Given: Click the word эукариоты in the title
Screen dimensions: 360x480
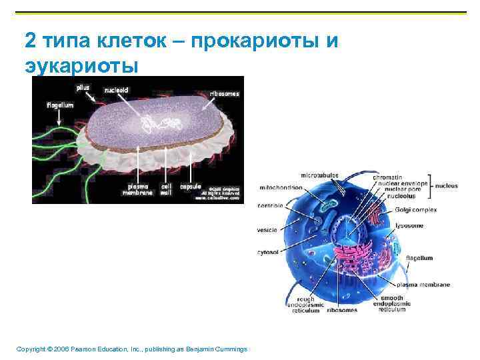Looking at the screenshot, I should click(x=81, y=66).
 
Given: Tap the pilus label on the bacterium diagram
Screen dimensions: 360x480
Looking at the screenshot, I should click(x=83, y=87).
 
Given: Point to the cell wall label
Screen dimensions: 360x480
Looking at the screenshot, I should click(x=167, y=189).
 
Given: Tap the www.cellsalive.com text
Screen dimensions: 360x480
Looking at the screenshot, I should click(x=217, y=198).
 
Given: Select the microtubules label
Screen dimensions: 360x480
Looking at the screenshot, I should click(x=319, y=175).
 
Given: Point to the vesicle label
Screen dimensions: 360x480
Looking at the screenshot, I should click(x=267, y=230).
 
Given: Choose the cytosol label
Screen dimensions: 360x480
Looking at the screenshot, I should click(x=267, y=252).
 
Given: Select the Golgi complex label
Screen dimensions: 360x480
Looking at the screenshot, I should click(x=415, y=209).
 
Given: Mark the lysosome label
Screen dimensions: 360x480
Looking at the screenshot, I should click(x=409, y=225).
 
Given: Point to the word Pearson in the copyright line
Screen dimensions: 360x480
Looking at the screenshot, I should click(x=79, y=349).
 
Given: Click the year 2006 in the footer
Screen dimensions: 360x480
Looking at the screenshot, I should click(x=56, y=349).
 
